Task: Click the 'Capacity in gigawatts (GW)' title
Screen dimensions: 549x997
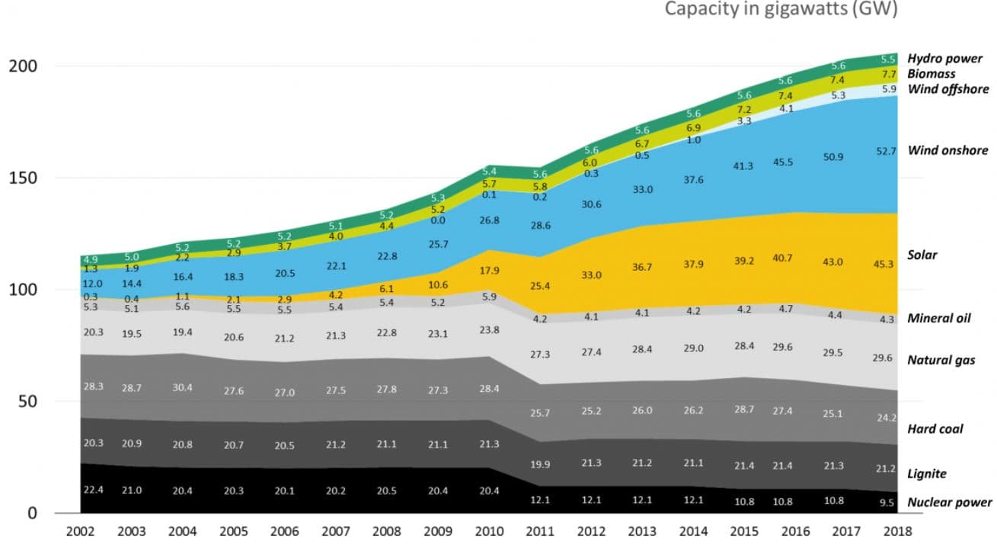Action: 781,9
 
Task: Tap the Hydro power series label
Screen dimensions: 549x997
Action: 944,59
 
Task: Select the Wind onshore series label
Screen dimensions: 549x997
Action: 947,150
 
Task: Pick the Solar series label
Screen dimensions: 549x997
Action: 922,255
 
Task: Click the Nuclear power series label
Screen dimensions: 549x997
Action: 949,502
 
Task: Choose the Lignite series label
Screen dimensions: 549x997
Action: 926,474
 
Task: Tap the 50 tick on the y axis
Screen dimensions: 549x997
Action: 27,401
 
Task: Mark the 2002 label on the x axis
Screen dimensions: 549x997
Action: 81,532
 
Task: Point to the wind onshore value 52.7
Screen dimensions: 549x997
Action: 887,150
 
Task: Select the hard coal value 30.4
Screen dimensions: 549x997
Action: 182,387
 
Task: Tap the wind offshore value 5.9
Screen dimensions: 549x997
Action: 888,89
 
